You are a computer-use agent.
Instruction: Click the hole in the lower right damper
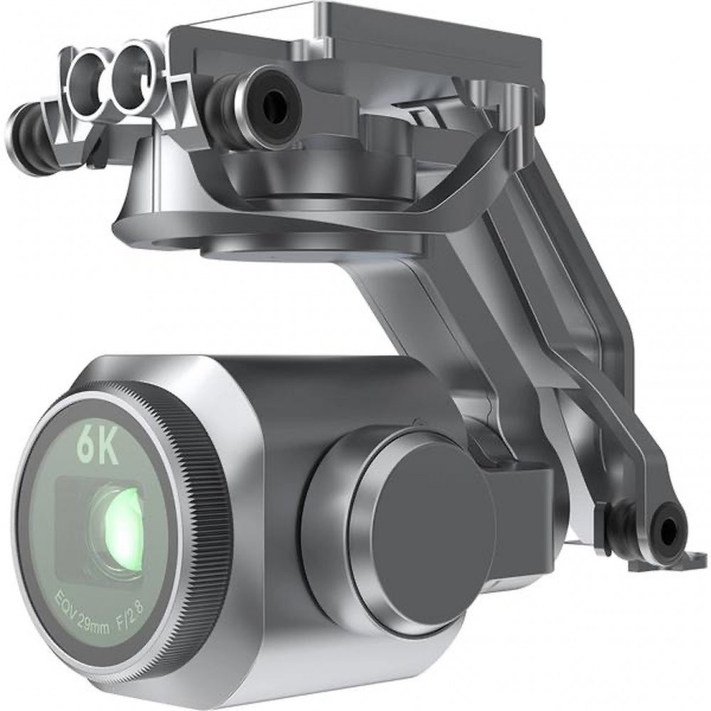tap(668, 530)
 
